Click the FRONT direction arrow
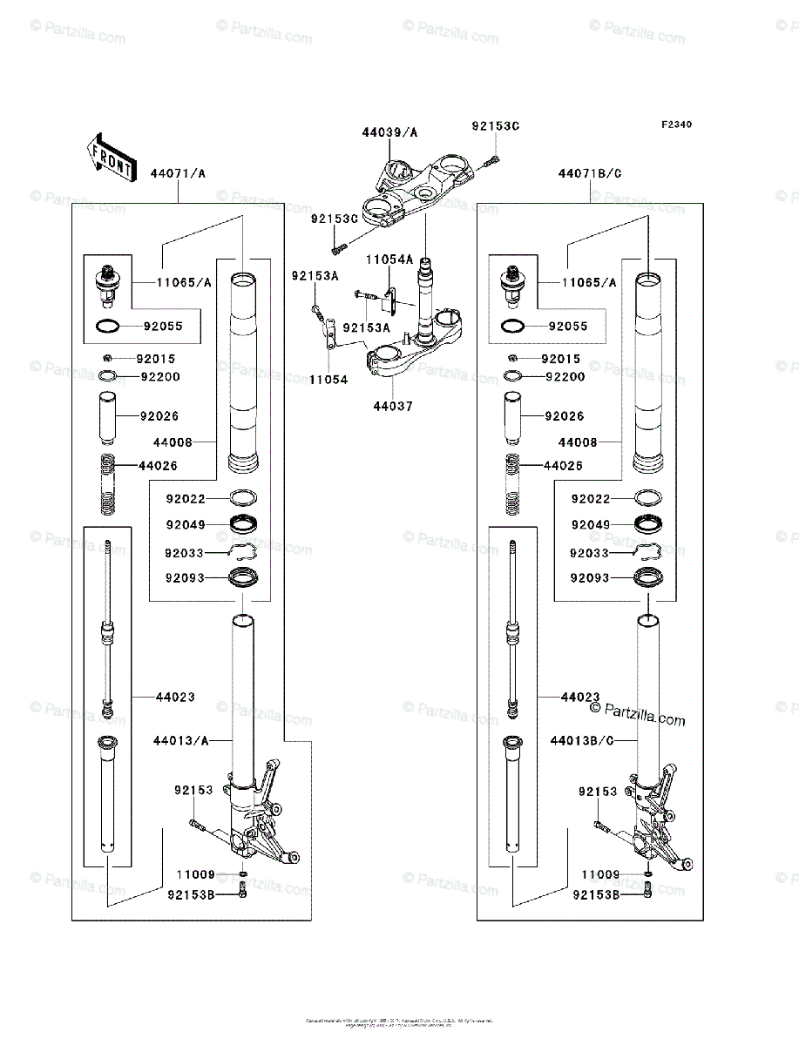pos(109,156)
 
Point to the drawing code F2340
pos(675,125)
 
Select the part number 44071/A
pos(178,173)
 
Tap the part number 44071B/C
pos(590,173)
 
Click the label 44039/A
pos(389,133)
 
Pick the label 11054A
pos(389,260)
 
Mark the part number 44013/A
pos(180,741)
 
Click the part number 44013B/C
pos(583,741)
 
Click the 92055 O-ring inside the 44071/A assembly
pos(107,327)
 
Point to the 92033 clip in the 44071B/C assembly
pos(647,552)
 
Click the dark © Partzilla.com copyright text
pos(638,716)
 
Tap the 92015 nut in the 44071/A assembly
pos(107,358)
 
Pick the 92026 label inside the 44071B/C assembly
pos(564,416)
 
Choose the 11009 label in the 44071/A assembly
pos(195,874)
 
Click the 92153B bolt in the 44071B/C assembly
pos(647,889)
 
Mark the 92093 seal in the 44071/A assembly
pos(243,577)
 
